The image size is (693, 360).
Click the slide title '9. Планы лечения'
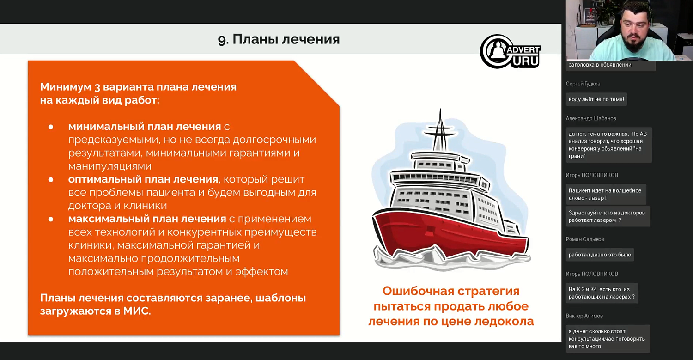pyautogui.click(x=279, y=39)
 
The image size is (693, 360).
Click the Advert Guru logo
pyautogui.click(x=510, y=51)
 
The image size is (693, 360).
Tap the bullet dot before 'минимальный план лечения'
pyautogui.click(x=51, y=127)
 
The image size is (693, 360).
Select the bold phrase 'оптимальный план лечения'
pyautogui.click(x=143, y=179)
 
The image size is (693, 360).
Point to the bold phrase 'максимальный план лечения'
pyautogui.click(x=147, y=219)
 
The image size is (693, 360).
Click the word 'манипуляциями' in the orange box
pyautogui.click(x=110, y=166)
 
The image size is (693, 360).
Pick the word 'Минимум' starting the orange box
pyautogui.click(x=63, y=87)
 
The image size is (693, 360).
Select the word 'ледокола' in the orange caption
pyautogui.click(x=504, y=321)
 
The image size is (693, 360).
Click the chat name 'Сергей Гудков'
pyautogui.click(x=583, y=84)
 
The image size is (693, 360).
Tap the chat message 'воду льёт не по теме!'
pyautogui.click(x=596, y=99)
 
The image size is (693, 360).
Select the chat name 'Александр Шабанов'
pyautogui.click(x=591, y=118)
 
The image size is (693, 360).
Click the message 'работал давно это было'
pyautogui.click(x=600, y=255)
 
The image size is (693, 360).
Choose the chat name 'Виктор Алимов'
pyautogui.click(x=584, y=316)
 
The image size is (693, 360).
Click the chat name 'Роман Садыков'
pyautogui.click(x=585, y=239)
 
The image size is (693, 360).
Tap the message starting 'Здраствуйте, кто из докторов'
pyautogui.click(x=607, y=216)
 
